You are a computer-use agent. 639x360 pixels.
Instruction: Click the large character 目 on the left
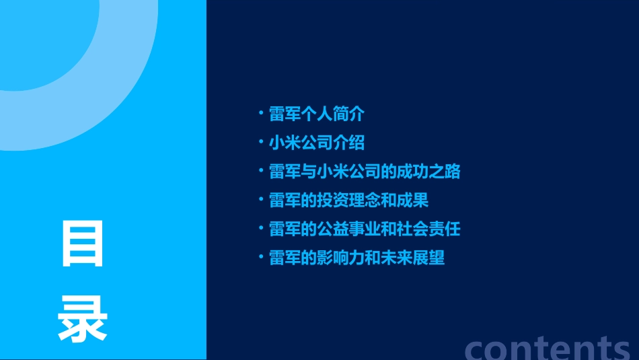[x=83, y=244]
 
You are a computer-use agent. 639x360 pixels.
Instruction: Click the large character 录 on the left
[x=83, y=318]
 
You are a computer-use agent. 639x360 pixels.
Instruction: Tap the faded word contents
[x=548, y=348]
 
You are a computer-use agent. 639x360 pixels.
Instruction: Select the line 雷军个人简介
[x=316, y=114]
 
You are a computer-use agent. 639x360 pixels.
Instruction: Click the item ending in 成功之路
[x=365, y=172]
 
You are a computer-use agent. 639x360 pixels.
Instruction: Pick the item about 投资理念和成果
[x=348, y=200]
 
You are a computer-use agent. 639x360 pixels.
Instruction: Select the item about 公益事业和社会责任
[x=365, y=229]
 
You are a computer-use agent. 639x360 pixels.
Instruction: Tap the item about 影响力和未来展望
[x=356, y=258]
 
